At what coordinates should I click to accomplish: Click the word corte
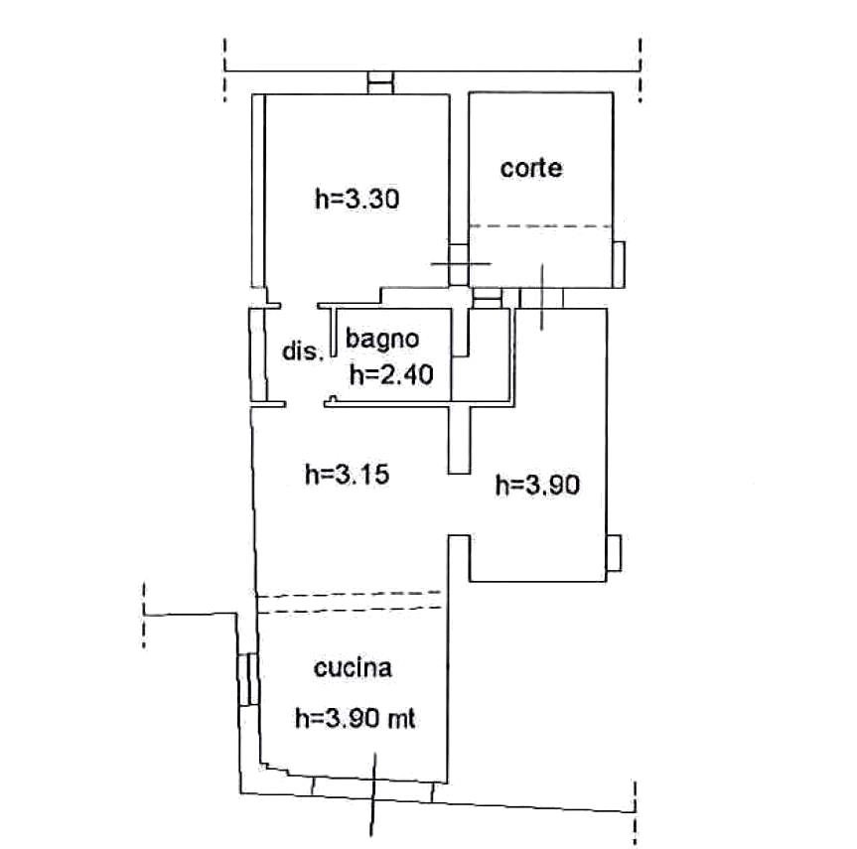coord(530,168)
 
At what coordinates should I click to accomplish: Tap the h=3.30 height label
coord(357,199)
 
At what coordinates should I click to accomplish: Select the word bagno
coord(382,340)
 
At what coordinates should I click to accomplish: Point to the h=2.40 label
coord(391,375)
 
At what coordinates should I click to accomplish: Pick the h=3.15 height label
coord(347,474)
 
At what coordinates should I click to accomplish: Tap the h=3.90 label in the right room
coord(537,485)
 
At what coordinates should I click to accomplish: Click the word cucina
coord(354,668)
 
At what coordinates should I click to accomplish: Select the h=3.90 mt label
coord(356,718)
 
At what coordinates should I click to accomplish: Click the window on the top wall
coord(380,82)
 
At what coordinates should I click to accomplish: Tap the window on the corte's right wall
coord(619,264)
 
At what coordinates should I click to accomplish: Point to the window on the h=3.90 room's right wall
coord(614,553)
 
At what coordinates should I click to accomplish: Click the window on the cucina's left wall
coord(247,679)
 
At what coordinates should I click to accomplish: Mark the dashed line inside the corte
coord(540,225)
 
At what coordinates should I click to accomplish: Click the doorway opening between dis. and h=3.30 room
coord(300,306)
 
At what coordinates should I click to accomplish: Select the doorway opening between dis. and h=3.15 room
coord(305,404)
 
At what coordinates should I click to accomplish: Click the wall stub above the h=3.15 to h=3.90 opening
coord(459,440)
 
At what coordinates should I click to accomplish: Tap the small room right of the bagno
coord(482,355)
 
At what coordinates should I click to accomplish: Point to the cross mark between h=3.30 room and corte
coord(461,263)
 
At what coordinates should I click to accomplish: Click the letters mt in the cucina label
coord(402,719)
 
